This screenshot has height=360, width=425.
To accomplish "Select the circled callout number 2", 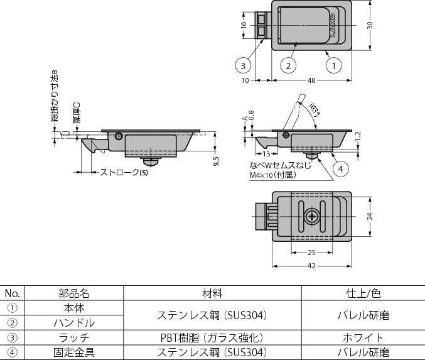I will (288, 65).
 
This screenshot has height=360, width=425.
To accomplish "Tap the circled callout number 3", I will (244, 65).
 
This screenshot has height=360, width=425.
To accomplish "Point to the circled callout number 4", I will (340, 168).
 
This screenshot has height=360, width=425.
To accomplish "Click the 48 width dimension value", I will (311, 81).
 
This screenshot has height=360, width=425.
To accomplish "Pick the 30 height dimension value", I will (370, 25).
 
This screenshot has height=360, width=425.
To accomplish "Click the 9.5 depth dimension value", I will (216, 160).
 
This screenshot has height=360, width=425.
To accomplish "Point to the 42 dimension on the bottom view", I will (311, 266).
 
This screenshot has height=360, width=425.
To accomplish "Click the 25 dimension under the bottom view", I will (311, 252).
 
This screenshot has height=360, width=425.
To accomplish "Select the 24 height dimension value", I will (370, 217).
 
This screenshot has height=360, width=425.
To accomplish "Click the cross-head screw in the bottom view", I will (312, 217).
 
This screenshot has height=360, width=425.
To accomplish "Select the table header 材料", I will (212, 293).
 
